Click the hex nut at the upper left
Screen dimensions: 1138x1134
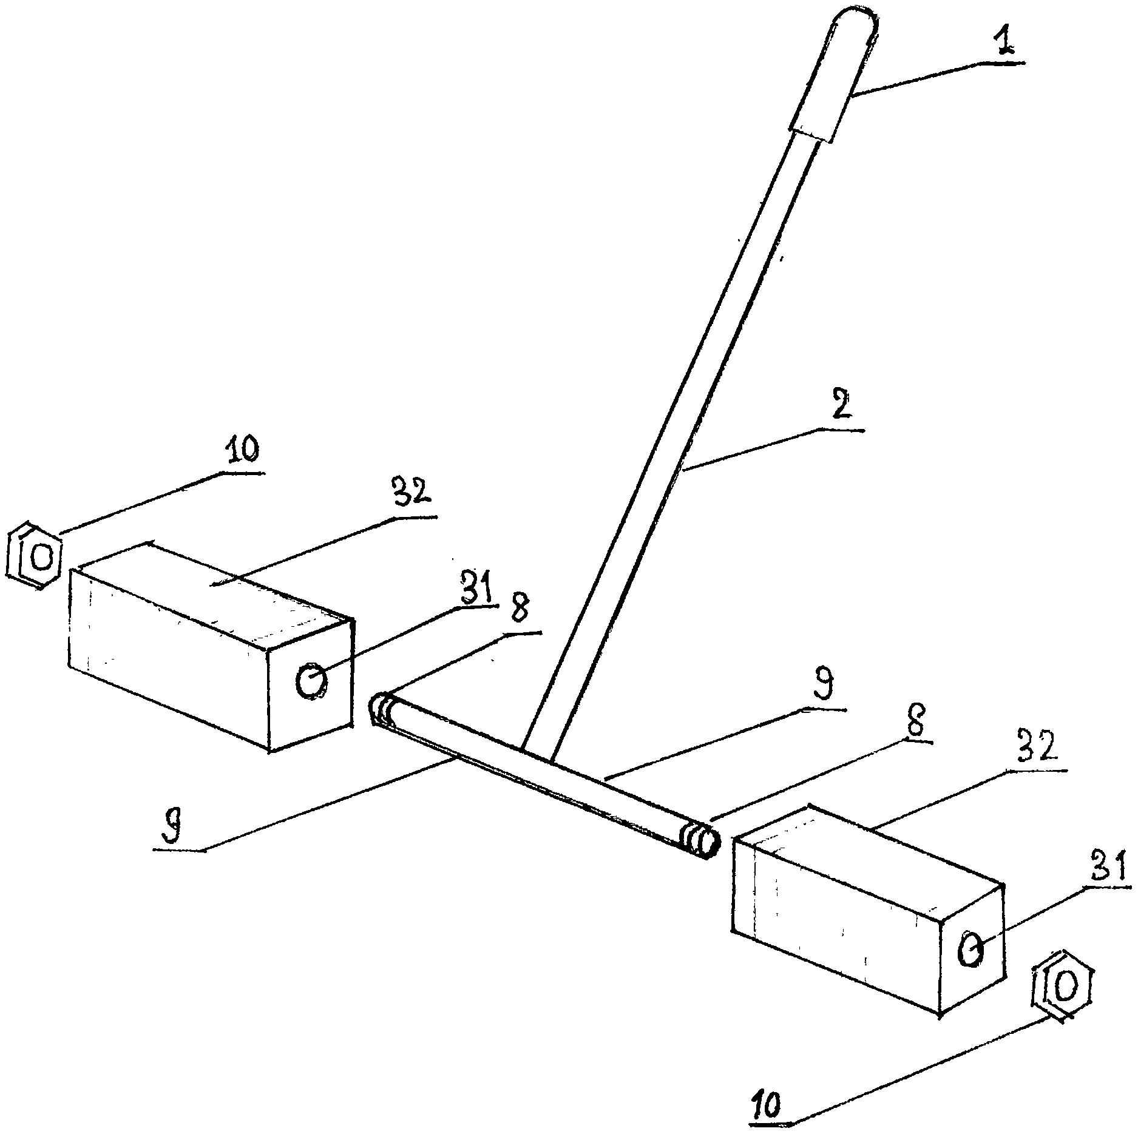coord(33,555)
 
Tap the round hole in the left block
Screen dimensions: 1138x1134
coord(311,680)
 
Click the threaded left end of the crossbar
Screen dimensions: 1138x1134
coord(383,708)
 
